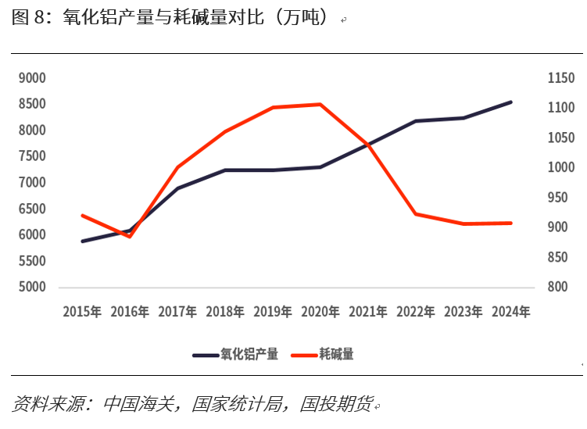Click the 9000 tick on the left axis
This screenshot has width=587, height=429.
tap(32, 78)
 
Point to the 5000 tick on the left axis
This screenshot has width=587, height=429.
tap(32, 287)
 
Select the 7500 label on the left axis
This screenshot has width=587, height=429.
tap(32, 156)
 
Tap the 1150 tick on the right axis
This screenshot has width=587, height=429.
tap(560, 78)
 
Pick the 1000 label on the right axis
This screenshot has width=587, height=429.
tap(560, 167)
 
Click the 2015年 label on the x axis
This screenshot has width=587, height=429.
tap(82, 312)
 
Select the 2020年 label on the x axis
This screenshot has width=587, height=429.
tap(320, 312)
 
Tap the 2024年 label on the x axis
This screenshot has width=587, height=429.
tap(511, 312)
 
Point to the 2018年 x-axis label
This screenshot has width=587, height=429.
tap(225, 312)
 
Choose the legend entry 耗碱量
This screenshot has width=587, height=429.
tap(336, 354)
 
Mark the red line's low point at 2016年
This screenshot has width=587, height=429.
tap(130, 236)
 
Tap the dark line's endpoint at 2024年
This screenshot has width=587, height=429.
tap(511, 102)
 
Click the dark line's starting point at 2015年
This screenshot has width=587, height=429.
tap(82, 241)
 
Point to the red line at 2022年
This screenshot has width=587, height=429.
tap(416, 213)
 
